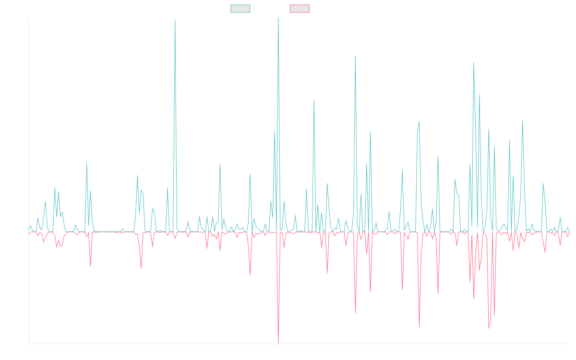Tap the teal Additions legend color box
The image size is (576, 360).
tap(240, 9)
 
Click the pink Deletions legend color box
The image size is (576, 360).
tap(300, 9)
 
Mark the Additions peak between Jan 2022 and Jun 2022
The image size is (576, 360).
tap(175, 20)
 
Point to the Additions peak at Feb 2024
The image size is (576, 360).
tap(355, 57)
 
